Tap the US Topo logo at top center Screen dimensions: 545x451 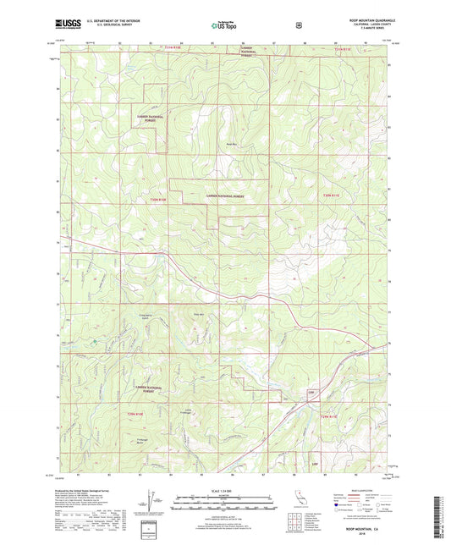pyautogui.click(x=224, y=26)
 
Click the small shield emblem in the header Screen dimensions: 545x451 pyautogui.click(x=298, y=25)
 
